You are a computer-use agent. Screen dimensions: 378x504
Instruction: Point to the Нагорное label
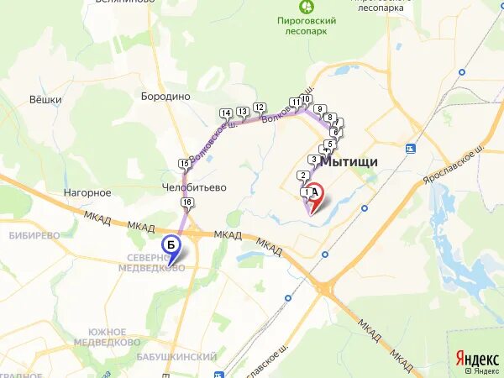[87, 192]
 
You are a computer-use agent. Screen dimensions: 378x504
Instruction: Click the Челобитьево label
[195, 188]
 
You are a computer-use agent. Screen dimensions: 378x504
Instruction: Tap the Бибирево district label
[34, 235]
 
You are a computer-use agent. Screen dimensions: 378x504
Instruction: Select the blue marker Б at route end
[171, 245]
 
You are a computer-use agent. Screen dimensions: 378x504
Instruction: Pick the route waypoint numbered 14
[225, 113]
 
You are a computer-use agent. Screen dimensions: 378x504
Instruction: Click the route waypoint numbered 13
[242, 111]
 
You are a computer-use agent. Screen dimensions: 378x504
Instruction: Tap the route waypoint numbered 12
[259, 107]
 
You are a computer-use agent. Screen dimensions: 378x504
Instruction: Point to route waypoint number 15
[184, 163]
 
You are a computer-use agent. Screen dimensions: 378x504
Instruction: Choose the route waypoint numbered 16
[186, 202]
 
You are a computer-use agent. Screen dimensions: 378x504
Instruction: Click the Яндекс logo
[476, 358]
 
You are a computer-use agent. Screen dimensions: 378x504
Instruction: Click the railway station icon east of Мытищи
[410, 149]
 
